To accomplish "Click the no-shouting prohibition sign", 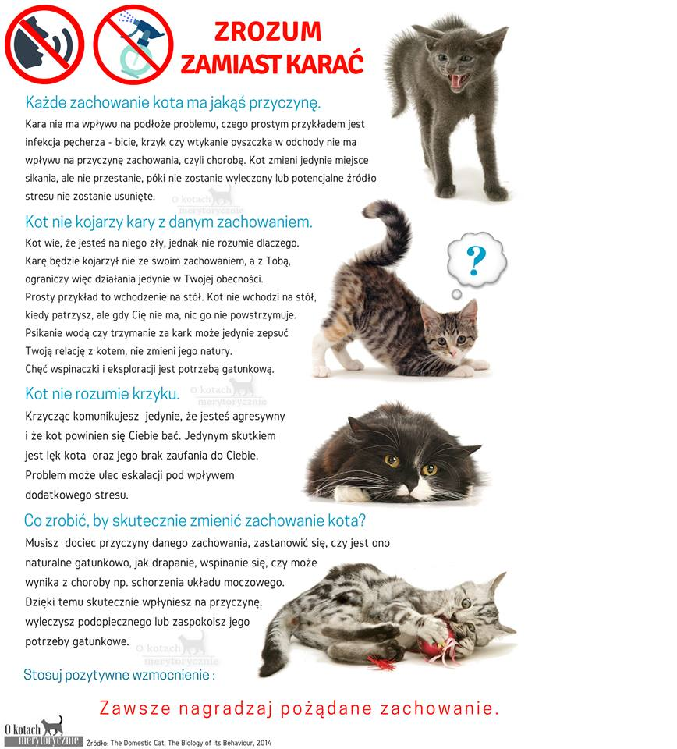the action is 44,44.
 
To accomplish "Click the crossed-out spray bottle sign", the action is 133,44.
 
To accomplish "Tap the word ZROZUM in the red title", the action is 268,31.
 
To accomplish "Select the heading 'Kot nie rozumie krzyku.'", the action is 102,393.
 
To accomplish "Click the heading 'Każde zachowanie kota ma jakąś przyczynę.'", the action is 173,102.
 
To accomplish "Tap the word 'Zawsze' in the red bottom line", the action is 135,708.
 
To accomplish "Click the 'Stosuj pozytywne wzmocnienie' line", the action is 119,675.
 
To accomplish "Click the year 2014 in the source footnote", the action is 264,743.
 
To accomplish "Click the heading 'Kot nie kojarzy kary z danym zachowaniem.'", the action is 168,222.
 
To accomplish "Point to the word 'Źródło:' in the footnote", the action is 97,743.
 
